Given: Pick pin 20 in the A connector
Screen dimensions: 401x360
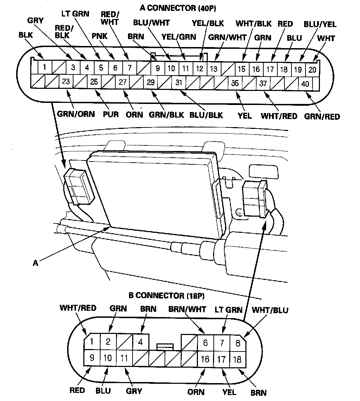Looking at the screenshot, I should tap(312, 70).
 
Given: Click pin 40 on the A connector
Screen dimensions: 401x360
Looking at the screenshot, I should tap(305, 84).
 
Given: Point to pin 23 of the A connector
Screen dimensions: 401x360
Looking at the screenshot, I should tap(66, 82).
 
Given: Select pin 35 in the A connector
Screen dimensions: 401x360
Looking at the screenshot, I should tap(235, 84).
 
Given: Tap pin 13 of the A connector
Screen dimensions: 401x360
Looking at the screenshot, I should tap(214, 68).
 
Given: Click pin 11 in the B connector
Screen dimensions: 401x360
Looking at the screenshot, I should tap(124, 358).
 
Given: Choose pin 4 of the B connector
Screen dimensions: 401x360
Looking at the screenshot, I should tap(141, 341).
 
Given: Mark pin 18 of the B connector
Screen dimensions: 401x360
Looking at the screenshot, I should tap(238, 359).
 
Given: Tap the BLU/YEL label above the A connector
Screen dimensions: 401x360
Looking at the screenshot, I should tap(320, 24).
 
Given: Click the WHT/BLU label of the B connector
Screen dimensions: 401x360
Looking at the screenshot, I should tap(270, 310).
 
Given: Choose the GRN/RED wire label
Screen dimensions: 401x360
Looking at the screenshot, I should tap(322, 116).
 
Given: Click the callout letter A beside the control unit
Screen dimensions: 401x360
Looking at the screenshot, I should tap(36, 263).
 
